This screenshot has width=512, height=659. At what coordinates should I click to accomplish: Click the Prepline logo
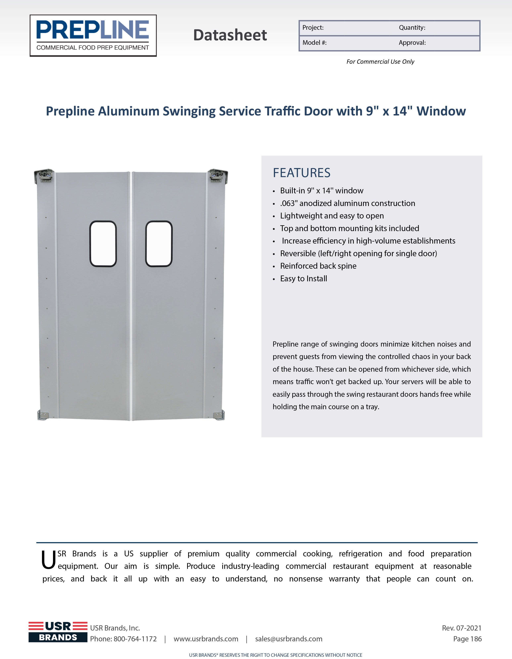(93, 36)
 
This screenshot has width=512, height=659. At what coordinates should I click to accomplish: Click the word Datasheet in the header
(230, 35)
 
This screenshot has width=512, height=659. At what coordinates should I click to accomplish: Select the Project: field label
(313, 28)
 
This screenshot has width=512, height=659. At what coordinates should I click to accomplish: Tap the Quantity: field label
(412, 28)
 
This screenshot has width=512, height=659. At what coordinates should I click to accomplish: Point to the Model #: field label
(314, 43)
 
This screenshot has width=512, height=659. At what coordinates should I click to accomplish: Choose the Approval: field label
(412, 43)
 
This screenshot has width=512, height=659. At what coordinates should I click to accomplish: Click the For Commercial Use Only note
(380, 62)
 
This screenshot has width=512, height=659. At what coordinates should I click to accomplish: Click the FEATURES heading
(301, 173)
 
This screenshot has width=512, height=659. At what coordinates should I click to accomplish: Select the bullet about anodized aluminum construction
(347, 203)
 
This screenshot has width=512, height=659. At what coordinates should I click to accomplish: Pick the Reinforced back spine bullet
(318, 266)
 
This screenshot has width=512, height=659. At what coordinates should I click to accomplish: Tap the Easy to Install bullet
(303, 278)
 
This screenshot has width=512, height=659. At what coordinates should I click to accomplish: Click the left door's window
(103, 244)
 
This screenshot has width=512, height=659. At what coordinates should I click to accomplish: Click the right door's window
(159, 244)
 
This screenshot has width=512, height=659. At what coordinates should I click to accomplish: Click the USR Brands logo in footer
(58, 632)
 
